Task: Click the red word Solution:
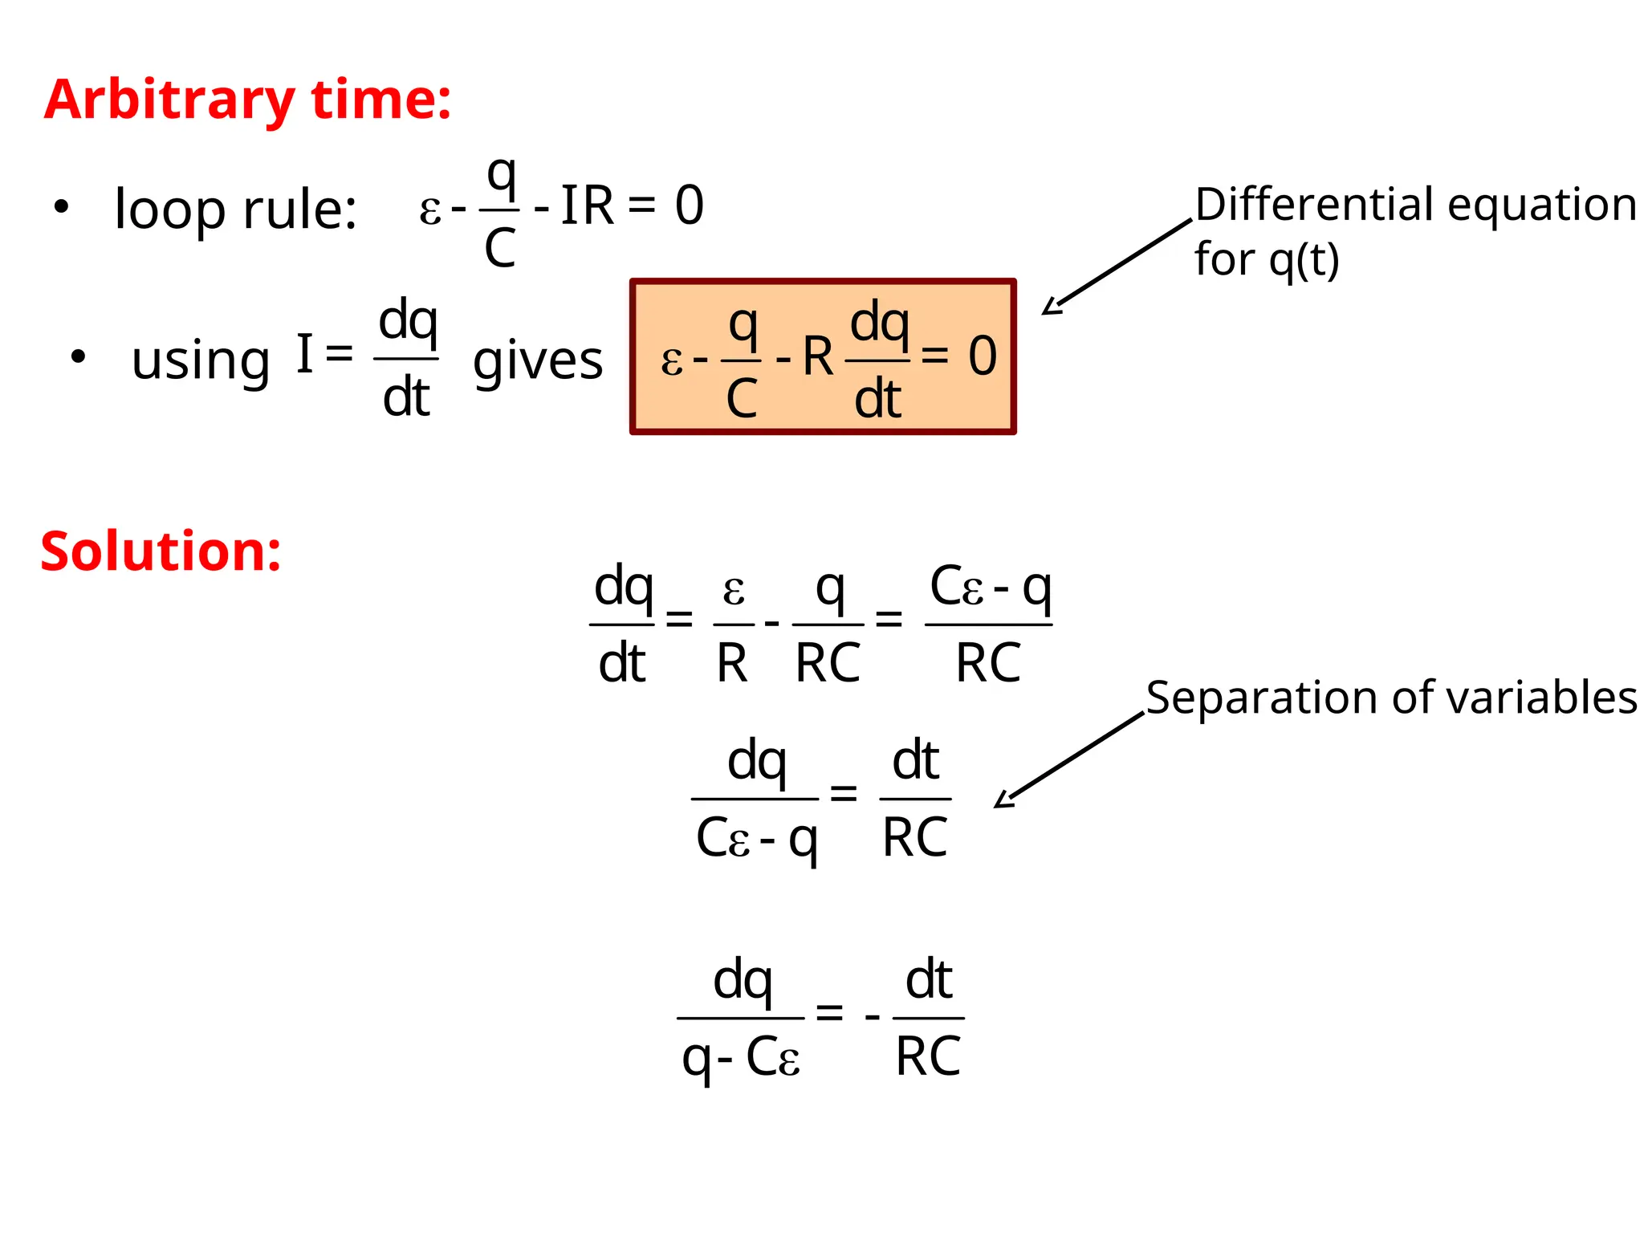pos(161,552)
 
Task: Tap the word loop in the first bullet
pos(169,209)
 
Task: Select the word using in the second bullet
pos(201,361)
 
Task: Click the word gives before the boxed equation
pos(538,361)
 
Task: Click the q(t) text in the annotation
pos(1304,260)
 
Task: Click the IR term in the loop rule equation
pos(587,205)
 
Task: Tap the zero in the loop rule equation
pos(689,205)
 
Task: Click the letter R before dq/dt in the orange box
pos(818,356)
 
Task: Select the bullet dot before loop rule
pos(61,207)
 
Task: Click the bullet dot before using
pos(78,356)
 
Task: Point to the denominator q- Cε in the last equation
pos(740,1058)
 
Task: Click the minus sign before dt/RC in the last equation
pos(873,1018)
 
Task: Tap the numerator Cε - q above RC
pos(990,588)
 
